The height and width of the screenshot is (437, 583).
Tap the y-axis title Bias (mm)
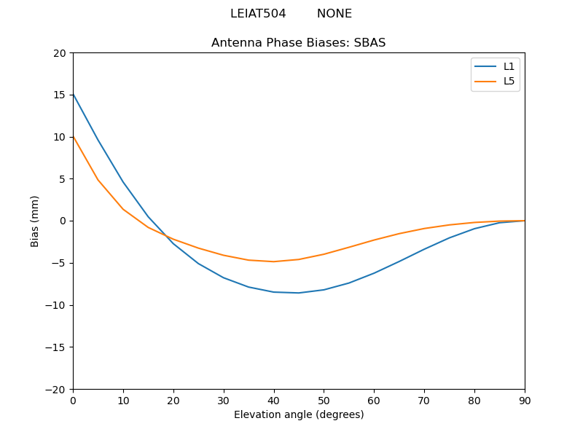point(35,221)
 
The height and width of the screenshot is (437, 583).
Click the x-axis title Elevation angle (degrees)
point(299,415)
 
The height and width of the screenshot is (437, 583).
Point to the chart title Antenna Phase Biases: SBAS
point(299,43)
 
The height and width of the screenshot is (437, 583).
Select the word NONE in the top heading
point(334,14)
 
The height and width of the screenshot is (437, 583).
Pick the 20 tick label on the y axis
point(60,53)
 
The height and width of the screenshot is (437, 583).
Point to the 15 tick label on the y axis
point(60,95)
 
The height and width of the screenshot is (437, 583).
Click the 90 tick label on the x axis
point(525,401)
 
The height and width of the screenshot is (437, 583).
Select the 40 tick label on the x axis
point(274,401)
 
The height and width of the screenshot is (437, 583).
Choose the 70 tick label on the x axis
point(424,401)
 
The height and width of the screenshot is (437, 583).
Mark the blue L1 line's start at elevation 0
point(74,95)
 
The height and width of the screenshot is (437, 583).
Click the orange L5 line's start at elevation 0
point(74,137)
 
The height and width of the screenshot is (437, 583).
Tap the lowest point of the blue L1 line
point(299,293)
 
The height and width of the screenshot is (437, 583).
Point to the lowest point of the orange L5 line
point(274,261)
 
